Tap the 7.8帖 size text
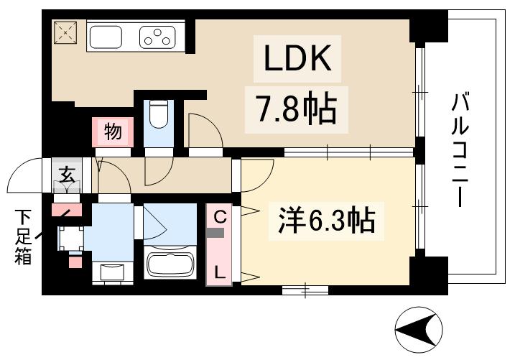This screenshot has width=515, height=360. [x=292, y=107]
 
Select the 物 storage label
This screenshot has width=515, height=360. [x=112, y=132]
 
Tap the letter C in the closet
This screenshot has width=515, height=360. [x=218, y=215]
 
